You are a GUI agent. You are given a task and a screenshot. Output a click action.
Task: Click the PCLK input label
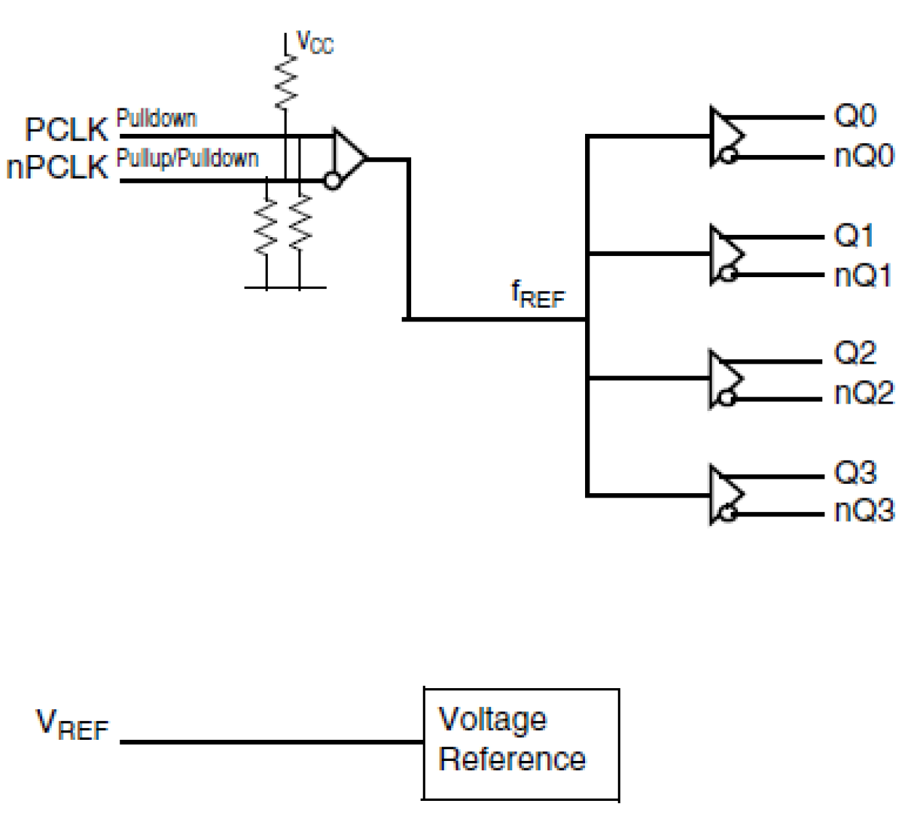pos(66,129)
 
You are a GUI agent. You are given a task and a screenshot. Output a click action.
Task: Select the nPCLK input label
pos(57,167)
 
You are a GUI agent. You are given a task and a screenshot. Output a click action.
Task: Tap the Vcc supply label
pos(314,43)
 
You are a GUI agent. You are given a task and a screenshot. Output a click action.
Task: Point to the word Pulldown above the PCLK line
pos(156,118)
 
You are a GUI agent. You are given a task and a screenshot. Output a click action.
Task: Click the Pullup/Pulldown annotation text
pos(188,158)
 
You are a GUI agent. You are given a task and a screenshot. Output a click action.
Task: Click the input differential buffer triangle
pos(348,158)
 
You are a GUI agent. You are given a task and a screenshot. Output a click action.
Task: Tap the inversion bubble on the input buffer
pos(333,180)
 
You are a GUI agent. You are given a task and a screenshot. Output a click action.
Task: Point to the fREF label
pos(538,294)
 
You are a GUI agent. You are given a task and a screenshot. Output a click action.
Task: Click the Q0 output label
pos(855,116)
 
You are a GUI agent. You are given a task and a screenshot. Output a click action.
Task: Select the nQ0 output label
pos(864,156)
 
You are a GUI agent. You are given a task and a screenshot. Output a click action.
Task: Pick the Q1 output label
pos(854,236)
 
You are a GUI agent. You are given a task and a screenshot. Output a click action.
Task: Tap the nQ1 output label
pos(863,276)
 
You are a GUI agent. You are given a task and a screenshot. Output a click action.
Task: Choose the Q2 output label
pos(855,354)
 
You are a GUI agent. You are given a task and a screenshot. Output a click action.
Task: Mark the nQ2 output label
pos(864,394)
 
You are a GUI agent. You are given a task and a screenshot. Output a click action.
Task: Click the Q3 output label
pos(855,473)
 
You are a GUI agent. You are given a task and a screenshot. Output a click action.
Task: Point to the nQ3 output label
pos(864,511)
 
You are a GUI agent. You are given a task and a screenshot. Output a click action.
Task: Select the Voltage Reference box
pos(521,743)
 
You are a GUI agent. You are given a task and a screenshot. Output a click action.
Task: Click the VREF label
pos(72,725)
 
